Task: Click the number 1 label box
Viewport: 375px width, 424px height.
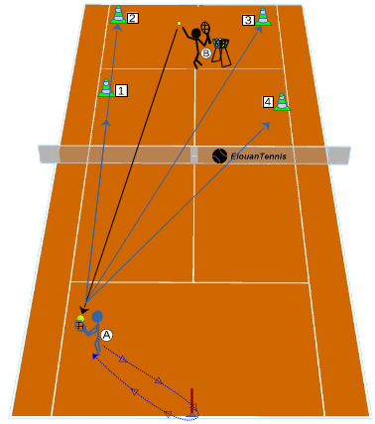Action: click(121, 90)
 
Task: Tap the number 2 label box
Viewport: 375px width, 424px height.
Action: click(132, 18)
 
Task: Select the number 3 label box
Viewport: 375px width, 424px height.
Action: click(248, 20)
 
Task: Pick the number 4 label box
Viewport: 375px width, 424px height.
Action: click(268, 102)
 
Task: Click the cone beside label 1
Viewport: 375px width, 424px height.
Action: click(106, 88)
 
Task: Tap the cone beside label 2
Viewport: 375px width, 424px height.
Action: click(118, 15)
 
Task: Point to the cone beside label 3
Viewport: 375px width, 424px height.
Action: click(263, 17)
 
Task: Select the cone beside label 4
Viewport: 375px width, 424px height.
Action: click(282, 101)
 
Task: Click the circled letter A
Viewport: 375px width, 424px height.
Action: click(106, 335)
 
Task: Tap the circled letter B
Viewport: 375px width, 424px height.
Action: click(205, 53)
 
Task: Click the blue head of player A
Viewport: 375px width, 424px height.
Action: click(97, 316)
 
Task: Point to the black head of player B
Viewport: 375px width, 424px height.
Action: click(196, 33)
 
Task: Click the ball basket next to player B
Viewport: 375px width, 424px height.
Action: click(221, 52)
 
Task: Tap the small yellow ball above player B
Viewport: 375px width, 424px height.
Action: click(179, 23)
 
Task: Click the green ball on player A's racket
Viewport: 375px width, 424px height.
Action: click(80, 319)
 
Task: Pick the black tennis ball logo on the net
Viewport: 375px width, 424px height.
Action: click(219, 156)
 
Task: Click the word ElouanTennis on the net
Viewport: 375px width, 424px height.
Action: click(258, 157)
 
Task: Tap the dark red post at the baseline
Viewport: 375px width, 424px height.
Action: click(191, 402)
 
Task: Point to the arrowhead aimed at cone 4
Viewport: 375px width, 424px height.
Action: click(267, 125)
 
